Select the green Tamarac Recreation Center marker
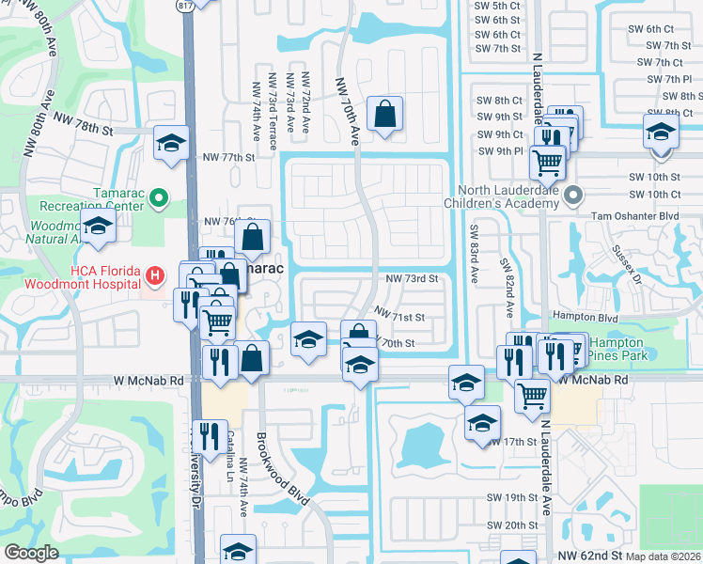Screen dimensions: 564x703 (159, 196)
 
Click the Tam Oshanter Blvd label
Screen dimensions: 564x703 (634, 215)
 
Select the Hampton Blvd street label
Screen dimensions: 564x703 (595, 319)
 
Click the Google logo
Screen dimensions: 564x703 (31, 553)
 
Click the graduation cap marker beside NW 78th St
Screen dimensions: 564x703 (171, 143)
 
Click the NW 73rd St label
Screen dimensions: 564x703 (412, 279)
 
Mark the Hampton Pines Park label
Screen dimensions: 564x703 (616, 351)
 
